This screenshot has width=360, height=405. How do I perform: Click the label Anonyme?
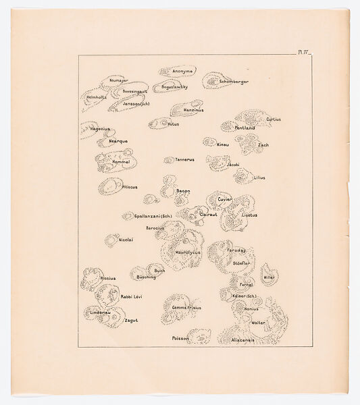[182, 71]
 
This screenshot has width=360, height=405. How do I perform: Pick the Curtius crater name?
[274, 119]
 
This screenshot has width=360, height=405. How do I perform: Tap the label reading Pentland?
[245, 128]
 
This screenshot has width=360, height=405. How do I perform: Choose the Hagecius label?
[100, 128]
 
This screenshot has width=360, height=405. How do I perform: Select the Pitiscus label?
[128, 186]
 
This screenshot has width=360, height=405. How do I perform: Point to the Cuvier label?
[225, 200]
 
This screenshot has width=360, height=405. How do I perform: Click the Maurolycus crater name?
[188, 252]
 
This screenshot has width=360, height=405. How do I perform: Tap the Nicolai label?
[126, 240]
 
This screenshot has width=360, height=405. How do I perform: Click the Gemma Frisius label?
[186, 307]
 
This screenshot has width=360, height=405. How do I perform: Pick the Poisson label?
[180, 337]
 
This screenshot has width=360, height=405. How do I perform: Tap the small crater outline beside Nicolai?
[110, 240]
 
